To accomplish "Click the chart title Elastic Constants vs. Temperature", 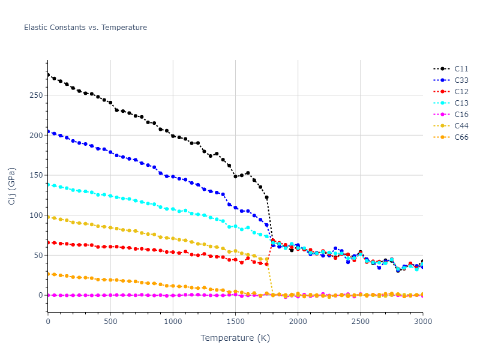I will click(x=85, y=28).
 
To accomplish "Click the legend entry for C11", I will click(x=461, y=69).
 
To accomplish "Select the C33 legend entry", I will click(x=461, y=80).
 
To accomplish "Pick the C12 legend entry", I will click(x=461, y=92).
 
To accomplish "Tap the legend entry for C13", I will click(x=461, y=103).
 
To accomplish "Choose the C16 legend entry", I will click(x=461, y=115).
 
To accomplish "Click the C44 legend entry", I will click(x=461, y=126).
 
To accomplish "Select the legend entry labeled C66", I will click(x=461, y=137).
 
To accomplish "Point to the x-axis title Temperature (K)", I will click(x=235, y=338).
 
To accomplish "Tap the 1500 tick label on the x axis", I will click(x=235, y=322).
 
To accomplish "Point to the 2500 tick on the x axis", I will click(x=360, y=322).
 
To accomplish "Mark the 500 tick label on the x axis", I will click(x=110, y=322).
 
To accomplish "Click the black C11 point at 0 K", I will click(x=48, y=75).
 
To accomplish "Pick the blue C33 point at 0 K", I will click(x=48, y=131).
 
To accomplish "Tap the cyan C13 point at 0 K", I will click(x=48, y=185).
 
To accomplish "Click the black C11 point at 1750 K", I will click(x=266, y=197).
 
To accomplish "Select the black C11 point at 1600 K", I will click(x=248, y=173).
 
